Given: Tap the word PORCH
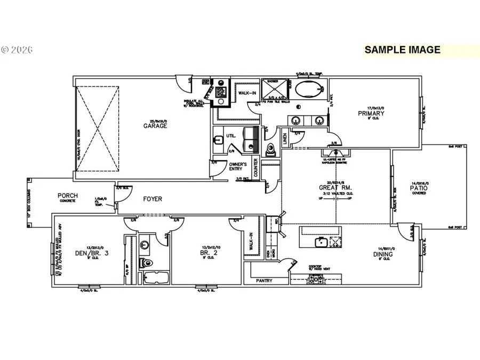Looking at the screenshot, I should (x=67, y=196).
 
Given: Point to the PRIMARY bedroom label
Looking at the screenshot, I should (x=371, y=114).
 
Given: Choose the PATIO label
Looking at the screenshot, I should (x=419, y=188).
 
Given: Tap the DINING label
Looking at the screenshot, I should (x=382, y=254).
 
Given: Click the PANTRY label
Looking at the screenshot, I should (x=264, y=280).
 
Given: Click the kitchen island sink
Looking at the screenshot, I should (x=321, y=243).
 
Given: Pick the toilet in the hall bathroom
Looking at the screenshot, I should (x=147, y=262).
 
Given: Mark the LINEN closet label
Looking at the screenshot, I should (x=285, y=138).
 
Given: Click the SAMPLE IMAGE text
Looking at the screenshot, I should (x=402, y=50).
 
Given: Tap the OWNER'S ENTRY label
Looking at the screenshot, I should (x=237, y=166).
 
